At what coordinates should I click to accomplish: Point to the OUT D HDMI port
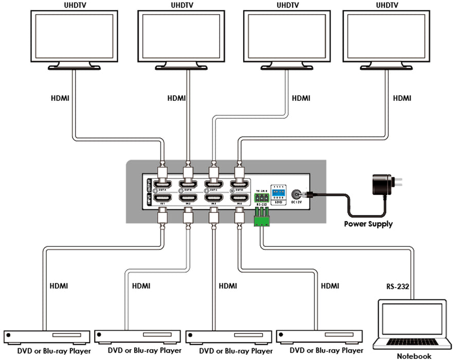[x=239, y=184]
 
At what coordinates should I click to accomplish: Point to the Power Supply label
[x=368, y=224]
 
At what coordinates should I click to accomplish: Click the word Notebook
[x=414, y=356]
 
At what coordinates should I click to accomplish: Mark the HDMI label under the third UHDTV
[x=301, y=97]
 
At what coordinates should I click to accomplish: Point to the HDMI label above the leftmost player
[x=59, y=285]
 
